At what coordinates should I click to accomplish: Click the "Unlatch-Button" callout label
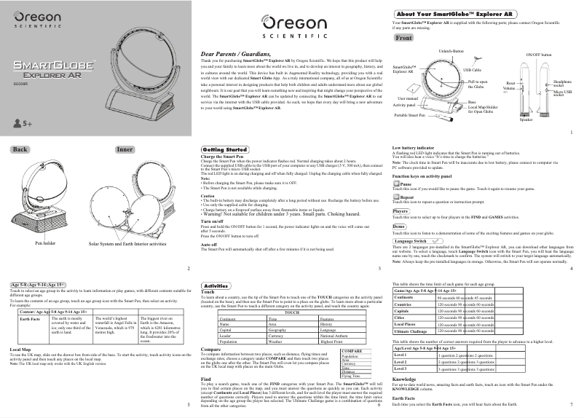[x=451, y=51]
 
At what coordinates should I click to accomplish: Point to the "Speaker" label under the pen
[x=526, y=119]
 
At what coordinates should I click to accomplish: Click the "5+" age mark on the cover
[x=21, y=125]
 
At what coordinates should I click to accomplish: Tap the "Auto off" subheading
[x=210, y=245]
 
